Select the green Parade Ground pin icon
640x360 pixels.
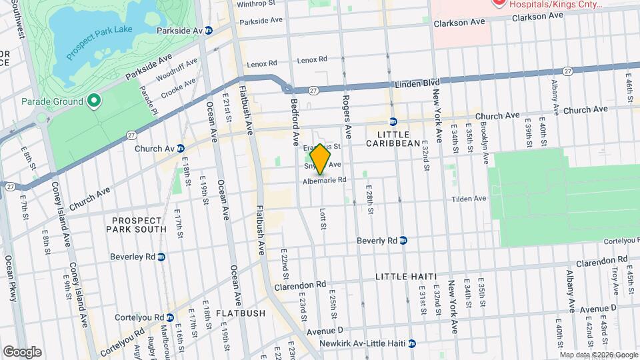94,101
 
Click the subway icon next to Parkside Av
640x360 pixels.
209,31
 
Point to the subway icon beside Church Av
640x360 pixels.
181,149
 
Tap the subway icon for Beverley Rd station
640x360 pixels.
161,257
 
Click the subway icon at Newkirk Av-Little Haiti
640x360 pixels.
412,343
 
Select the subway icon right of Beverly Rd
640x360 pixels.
403,241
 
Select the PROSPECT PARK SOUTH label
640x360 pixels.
137,225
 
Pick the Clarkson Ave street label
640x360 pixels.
459,22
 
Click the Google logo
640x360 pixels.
22,351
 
